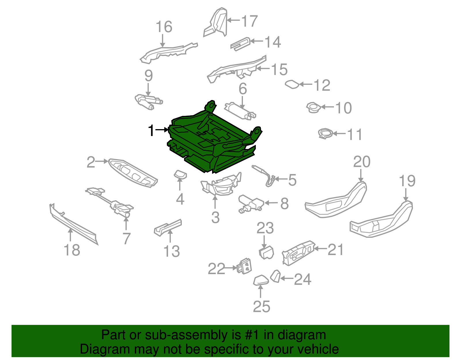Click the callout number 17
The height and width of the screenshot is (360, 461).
[250, 21]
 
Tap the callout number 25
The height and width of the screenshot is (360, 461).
[262, 307]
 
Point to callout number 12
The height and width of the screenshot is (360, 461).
[322, 85]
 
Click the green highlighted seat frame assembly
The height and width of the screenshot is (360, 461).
[214, 138]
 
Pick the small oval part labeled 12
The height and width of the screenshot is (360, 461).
[292, 84]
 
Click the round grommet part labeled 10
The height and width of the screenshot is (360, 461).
[313, 108]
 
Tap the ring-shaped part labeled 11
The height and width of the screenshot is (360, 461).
[325, 134]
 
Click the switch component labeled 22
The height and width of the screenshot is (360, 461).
[244, 266]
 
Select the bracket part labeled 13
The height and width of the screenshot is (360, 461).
[168, 228]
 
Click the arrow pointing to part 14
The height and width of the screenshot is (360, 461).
[257, 41]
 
